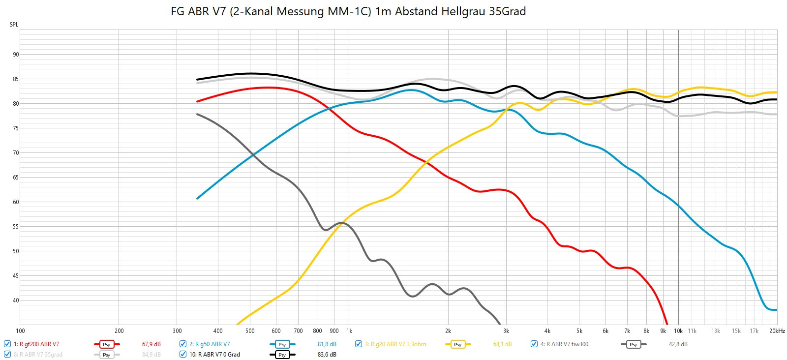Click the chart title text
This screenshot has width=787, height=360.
(348, 11)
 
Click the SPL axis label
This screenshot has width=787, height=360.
(14, 25)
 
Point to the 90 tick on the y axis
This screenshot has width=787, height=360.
(16, 55)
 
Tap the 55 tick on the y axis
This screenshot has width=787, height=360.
(16, 227)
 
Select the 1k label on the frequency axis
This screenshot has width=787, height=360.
(349, 331)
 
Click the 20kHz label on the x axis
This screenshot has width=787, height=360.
(777, 331)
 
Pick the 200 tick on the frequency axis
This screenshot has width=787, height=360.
(119, 331)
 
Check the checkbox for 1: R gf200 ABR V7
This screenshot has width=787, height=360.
(7, 344)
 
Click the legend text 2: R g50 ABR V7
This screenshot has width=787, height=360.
(209, 344)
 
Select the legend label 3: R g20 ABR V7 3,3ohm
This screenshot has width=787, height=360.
(395, 344)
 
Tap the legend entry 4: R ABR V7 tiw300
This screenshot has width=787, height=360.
(564, 344)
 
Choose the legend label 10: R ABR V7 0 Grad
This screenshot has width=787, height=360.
(214, 355)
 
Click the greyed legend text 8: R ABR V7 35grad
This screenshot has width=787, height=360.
(38, 355)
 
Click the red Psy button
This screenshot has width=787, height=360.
(107, 344)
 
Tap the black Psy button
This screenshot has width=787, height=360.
(282, 355)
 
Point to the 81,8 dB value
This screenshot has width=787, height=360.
(327, 344)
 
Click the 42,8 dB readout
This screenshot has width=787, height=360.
(678, 344)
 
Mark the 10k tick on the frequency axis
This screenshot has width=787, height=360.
(678, 331)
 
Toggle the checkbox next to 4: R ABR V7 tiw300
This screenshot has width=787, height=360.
(534, 344)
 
